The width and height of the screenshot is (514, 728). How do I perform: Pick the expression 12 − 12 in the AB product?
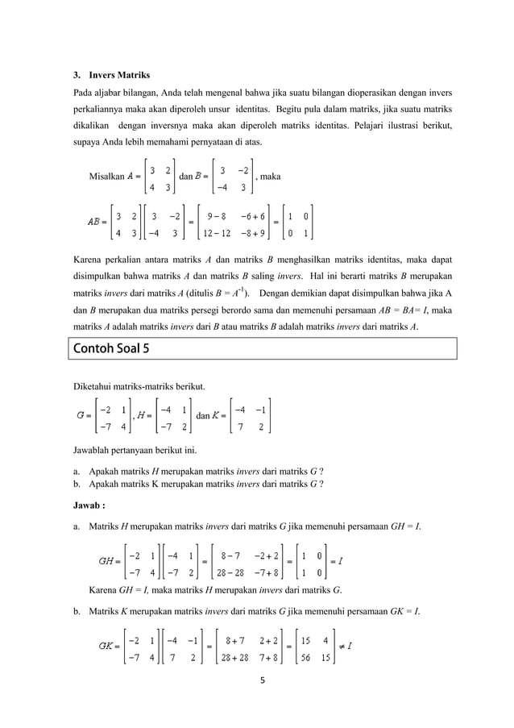(x=218, y=235)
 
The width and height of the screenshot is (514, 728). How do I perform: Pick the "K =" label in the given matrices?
(x=216, y=416)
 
